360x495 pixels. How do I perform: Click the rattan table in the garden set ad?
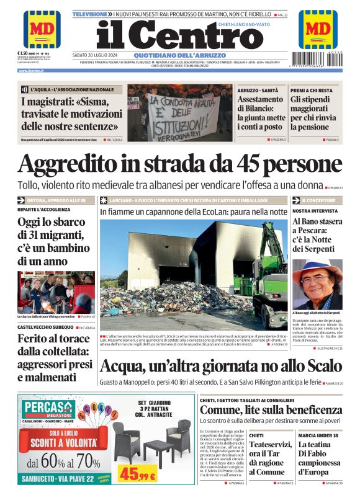[153, 453]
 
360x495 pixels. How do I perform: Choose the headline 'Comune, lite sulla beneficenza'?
[271, 410]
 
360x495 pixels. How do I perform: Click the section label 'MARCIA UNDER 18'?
[315, 435]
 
